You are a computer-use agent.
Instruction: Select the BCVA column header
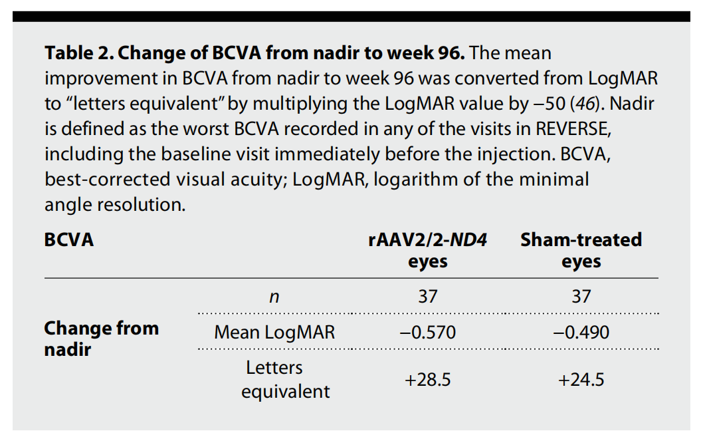(x=69, y=239)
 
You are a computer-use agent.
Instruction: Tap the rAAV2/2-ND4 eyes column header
(x=427, y=250)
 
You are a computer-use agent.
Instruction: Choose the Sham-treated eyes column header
(x=581, y=250)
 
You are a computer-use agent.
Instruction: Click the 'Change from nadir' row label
(x=101, y=338)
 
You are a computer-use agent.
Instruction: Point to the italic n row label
(x=274, y=297)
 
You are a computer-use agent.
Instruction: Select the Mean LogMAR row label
(x=274, y=332)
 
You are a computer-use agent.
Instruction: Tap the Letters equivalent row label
(x=274, y=379)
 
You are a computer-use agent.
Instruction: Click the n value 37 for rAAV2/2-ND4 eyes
(x=427, y=297)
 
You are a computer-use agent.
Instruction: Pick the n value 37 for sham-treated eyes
(x=581, y=297)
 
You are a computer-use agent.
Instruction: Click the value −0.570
(x=427, y=332)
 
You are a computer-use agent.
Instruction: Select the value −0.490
(x=581, y=332)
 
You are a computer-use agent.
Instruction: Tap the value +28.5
(x=427, y=380)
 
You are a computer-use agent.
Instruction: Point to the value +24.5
(x=581, y=380)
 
